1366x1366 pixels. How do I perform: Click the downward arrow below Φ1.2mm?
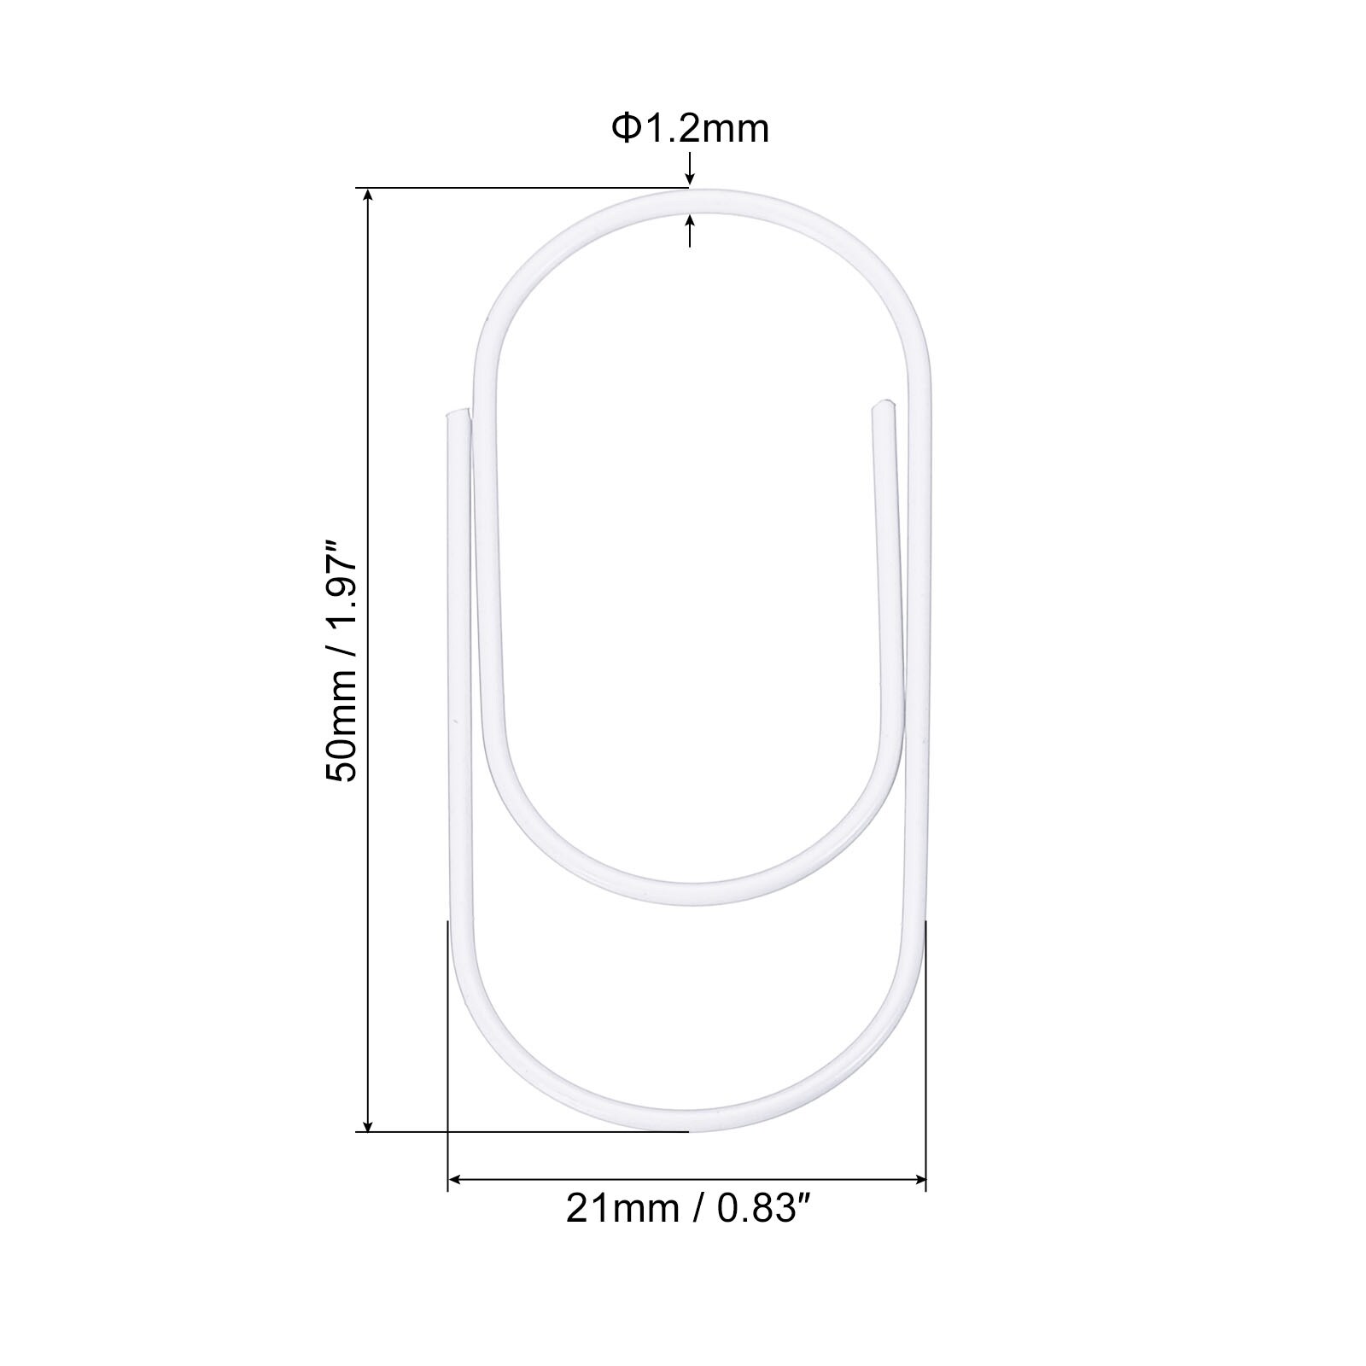[690, 166]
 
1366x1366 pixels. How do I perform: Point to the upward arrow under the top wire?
[690, 231]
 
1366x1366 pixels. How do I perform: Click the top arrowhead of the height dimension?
[369, 196]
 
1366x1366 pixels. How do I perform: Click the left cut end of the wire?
[457, 414]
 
